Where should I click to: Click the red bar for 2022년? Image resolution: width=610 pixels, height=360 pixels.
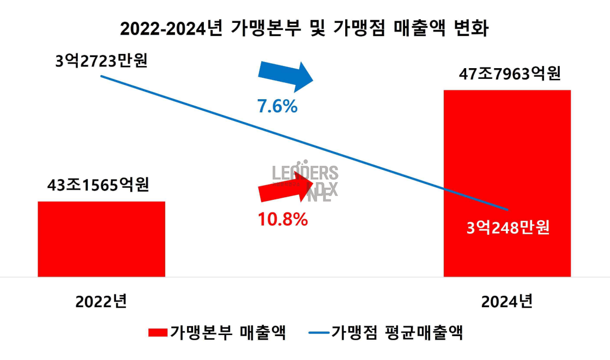101,239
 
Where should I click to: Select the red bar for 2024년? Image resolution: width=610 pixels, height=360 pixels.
507,153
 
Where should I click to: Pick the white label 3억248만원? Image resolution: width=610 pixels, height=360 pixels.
508,227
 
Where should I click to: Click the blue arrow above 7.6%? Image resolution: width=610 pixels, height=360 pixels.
287,76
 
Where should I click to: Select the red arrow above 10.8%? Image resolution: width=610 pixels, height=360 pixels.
287,189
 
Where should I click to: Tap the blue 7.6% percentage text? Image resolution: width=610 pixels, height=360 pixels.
277,107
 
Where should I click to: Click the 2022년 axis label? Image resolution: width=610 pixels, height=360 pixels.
101,302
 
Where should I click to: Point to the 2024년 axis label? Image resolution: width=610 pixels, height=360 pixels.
507,302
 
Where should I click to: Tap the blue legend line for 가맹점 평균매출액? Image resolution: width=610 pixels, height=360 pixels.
318,333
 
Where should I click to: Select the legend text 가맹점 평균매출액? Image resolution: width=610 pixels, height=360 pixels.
397,333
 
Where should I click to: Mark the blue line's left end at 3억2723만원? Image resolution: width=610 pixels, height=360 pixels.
101,76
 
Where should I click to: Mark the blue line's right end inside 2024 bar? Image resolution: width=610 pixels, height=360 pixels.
507,209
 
